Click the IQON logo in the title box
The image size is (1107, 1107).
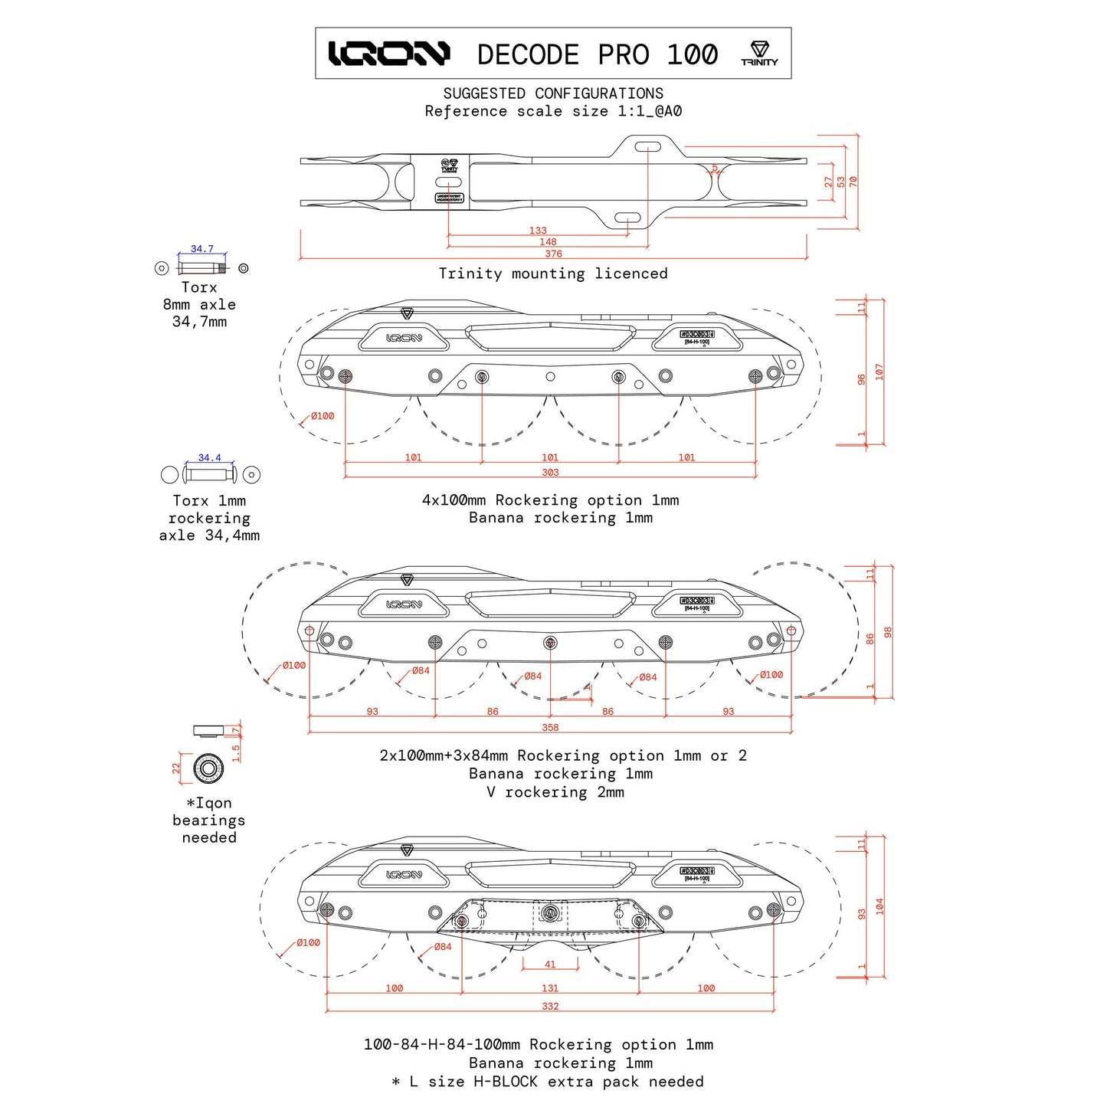pos(389,54)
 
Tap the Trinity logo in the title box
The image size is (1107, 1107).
pos(759,54)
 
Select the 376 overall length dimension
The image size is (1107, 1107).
pos(553,254)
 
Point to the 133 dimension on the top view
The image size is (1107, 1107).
pos(538,231)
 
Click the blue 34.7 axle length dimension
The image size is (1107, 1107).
pos(202,249)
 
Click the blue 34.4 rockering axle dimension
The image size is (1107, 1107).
pos(209,458)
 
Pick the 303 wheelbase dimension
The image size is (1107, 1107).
pos(550,473)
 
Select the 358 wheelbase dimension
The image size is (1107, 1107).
pos(550,728)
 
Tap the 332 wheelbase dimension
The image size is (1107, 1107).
pos(550,1007)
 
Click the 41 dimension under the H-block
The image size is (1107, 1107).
pos(550,965)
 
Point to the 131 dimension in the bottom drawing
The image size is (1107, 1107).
pos(550,988)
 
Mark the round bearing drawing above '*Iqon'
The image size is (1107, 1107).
pos(207,768)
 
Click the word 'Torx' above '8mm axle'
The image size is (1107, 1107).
pos(199,287)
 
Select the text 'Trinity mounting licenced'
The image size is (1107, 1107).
pos(553,273)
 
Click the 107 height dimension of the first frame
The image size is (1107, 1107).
pos(879,372)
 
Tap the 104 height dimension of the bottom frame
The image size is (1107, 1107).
pos(879,906)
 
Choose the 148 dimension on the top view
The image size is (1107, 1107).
pos(548,242)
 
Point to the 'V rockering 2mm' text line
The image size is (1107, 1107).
pos(555,792)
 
